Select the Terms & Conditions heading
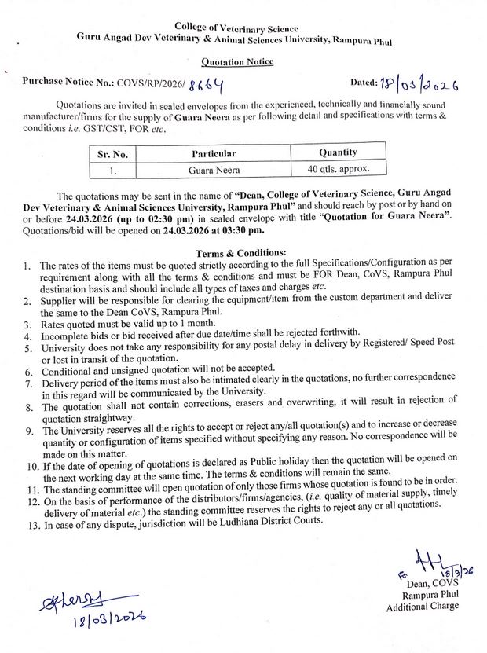coord(243,254)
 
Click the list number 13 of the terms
coord(31,523)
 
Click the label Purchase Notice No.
coord(68,83)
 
